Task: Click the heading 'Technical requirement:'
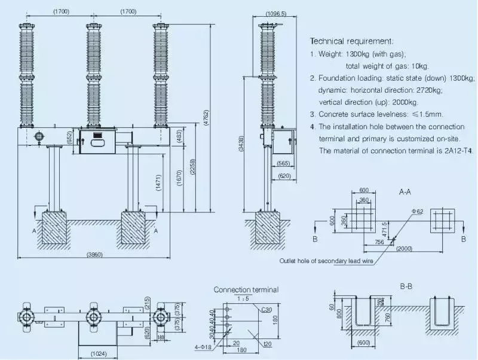click(351, 41)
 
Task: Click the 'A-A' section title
click(405, 193)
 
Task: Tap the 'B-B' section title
click(406, 286)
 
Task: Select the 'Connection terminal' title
click(246, 289)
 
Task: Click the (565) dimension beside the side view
click(283, 163)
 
